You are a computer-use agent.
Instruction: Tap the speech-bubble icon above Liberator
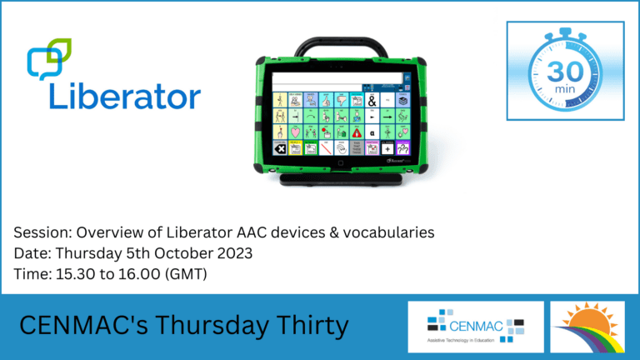click(49, 58)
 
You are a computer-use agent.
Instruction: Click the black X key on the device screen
click(280, 148)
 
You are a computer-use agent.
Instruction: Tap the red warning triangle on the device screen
click(357, 132)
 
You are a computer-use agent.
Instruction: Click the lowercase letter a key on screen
click(372, 132)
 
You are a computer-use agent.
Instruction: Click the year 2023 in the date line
click(220, 252)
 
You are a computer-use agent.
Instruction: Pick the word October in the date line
click(173, 252)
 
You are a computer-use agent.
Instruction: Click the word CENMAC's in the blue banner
click(84, 326)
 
